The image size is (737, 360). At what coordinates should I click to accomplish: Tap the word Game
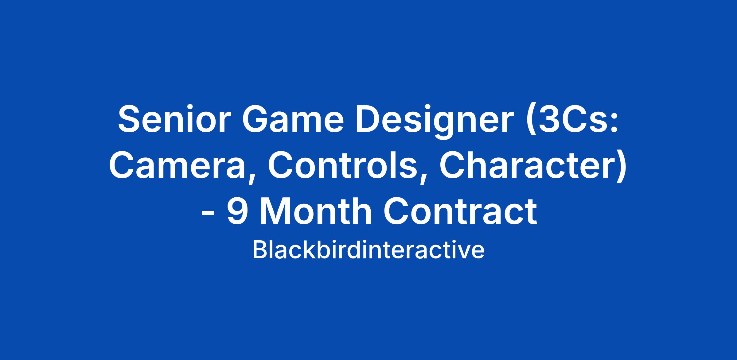[x=293, y=119]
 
